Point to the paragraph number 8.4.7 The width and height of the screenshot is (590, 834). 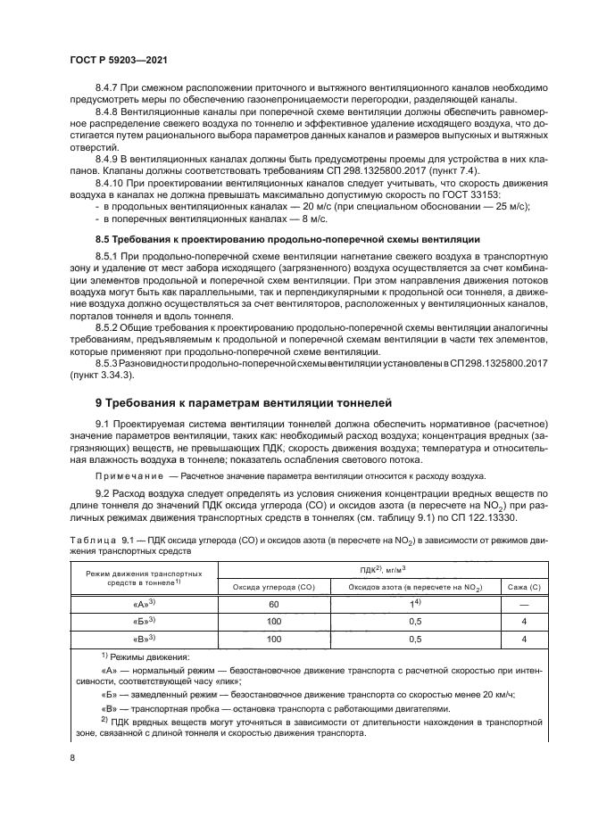(x=108, y=87)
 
